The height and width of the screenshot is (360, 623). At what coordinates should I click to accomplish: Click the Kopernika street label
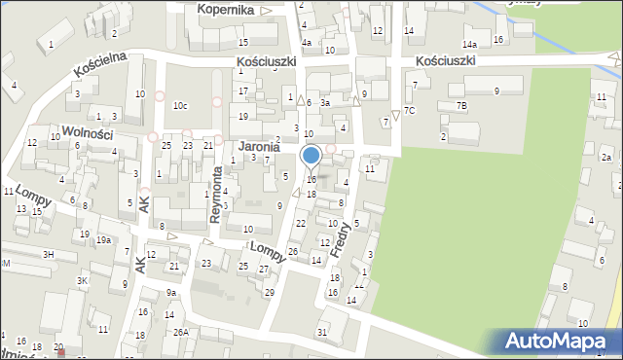coord(225,9)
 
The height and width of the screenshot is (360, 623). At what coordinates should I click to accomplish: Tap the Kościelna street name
coord(101,65)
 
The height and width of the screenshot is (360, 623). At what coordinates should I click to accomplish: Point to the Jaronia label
coord(259,147)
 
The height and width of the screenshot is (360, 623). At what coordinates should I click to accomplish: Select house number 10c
coord(180,105)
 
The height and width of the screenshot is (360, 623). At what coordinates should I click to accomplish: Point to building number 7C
coord(410,110)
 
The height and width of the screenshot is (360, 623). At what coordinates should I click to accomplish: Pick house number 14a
coord(470,45)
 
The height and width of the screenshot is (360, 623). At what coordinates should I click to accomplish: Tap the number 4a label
coord(306,43)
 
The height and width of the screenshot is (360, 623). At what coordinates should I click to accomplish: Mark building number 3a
coord(326,101)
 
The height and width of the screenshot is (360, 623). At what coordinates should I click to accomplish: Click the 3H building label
coord(48,253)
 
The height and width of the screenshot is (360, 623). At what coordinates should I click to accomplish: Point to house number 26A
coord(181,332)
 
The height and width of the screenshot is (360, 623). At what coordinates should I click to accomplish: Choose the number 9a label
coord(171,292)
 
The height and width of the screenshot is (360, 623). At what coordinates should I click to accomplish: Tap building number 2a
coord(605,157)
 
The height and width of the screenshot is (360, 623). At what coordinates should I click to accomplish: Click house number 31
coord(322,333)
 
